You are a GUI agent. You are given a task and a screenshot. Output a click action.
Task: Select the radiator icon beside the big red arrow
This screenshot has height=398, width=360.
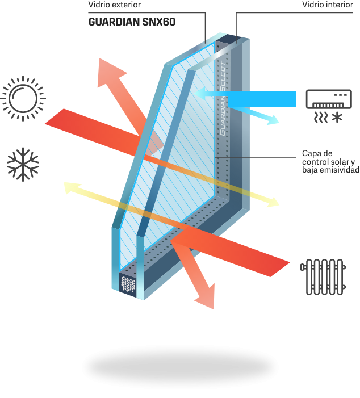[323, 279]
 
